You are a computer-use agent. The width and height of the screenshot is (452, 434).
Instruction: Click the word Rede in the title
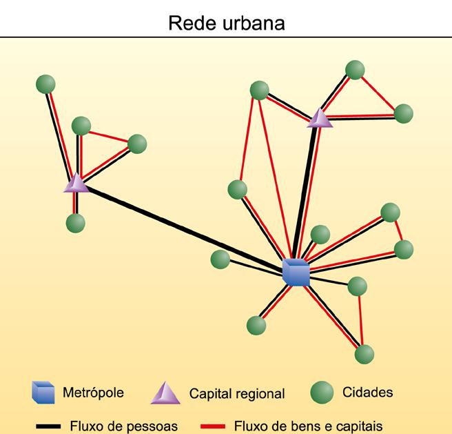click(x=190, y=23)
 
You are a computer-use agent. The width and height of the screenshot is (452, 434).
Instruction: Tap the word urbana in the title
click(x=250, y=23)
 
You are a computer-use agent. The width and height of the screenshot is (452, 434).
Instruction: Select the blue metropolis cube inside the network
click(x=296, y=272)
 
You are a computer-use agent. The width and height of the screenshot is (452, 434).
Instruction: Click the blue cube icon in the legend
click(x=43, y=392)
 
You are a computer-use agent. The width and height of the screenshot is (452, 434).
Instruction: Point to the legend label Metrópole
click(x=93, y=393)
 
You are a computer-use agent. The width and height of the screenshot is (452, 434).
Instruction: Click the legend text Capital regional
click(x=236, y=394)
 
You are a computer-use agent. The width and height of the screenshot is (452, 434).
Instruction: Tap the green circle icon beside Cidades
click(x=321, y=393)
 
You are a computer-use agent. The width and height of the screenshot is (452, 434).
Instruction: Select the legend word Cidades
click(x=368, y=393)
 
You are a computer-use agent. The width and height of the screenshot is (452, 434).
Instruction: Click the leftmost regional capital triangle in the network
click(x=76, y=183)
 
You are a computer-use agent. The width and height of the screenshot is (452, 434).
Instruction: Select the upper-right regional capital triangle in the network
click(x=320, y=117)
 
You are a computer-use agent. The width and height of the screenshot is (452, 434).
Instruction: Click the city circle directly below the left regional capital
click(x=76, y=223)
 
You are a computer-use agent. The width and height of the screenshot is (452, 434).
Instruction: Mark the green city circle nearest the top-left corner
click(x=46, y=84)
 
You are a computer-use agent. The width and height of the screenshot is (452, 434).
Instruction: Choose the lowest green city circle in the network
click(x=364, y=354)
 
